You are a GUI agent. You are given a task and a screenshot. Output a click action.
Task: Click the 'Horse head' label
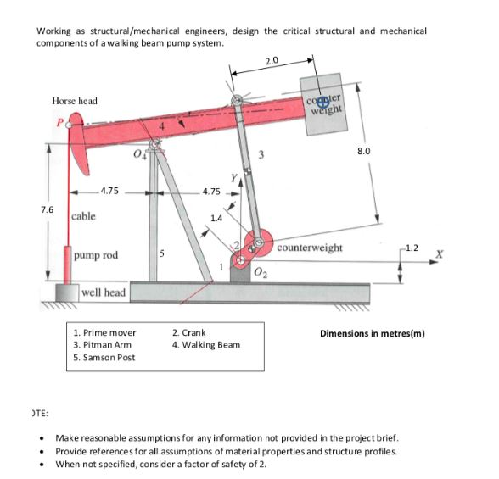coord(75,101)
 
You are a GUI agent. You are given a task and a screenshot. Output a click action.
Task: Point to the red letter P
coord(59,121)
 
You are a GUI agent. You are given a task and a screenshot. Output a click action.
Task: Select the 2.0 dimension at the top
coord(272,62)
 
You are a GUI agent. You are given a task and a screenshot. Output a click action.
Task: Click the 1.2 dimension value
coord(411,248)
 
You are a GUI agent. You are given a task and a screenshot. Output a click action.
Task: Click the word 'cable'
coord(83,216)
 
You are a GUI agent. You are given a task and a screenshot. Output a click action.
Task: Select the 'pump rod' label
coord(94,255)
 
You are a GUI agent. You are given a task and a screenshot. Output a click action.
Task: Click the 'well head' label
coord(103,293)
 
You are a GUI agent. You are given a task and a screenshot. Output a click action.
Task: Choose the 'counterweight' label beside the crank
coord(310,248)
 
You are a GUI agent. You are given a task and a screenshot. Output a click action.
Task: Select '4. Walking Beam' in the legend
coord(205,345)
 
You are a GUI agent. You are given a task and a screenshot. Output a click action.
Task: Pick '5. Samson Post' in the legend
coord(104,357)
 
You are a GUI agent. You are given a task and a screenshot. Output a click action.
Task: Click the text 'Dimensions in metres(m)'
coord(372,333)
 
